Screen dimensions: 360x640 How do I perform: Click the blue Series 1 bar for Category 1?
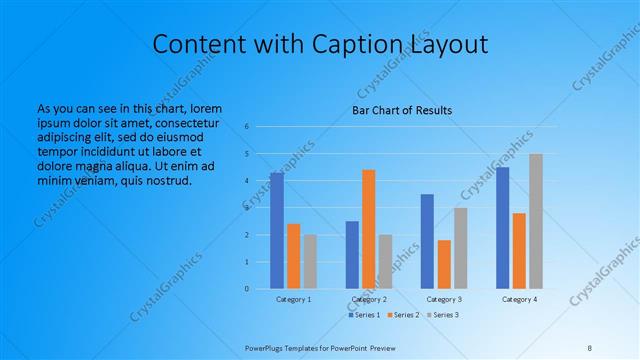tap(277, 231)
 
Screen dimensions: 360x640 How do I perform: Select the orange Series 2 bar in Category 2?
tap(368, 229)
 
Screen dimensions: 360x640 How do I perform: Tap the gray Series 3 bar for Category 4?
tap(536, 221)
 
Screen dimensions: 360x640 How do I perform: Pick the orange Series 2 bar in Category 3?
tap(444, 264)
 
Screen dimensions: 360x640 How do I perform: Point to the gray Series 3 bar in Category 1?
tap(310, 262)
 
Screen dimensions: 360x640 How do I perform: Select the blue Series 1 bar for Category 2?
tap(352, 255)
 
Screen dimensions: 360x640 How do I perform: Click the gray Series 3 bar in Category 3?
tap(460, 248)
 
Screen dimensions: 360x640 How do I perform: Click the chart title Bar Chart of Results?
tap(401, 110)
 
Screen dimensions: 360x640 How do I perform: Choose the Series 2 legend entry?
tap(402, 315)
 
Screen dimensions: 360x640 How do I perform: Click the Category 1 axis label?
tap(294, 299)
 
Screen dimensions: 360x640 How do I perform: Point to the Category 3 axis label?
tap(444, 299)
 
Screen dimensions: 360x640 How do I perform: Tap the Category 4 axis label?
tap(519, 299)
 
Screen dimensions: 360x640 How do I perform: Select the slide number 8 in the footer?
tap(589, 347)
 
